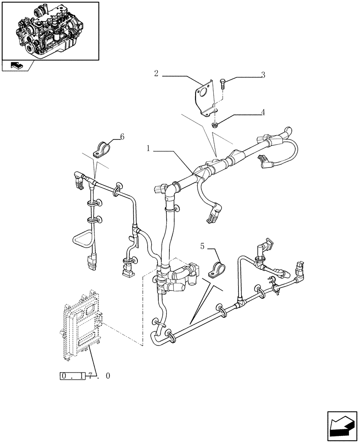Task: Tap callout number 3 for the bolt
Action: tap(263, 75)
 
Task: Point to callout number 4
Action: tap(263, 113)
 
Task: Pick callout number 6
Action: tap(122, 137)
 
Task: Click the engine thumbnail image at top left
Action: tap(50, 31)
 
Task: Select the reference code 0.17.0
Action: tap(85, 376)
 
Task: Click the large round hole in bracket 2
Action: tap(203, 93)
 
